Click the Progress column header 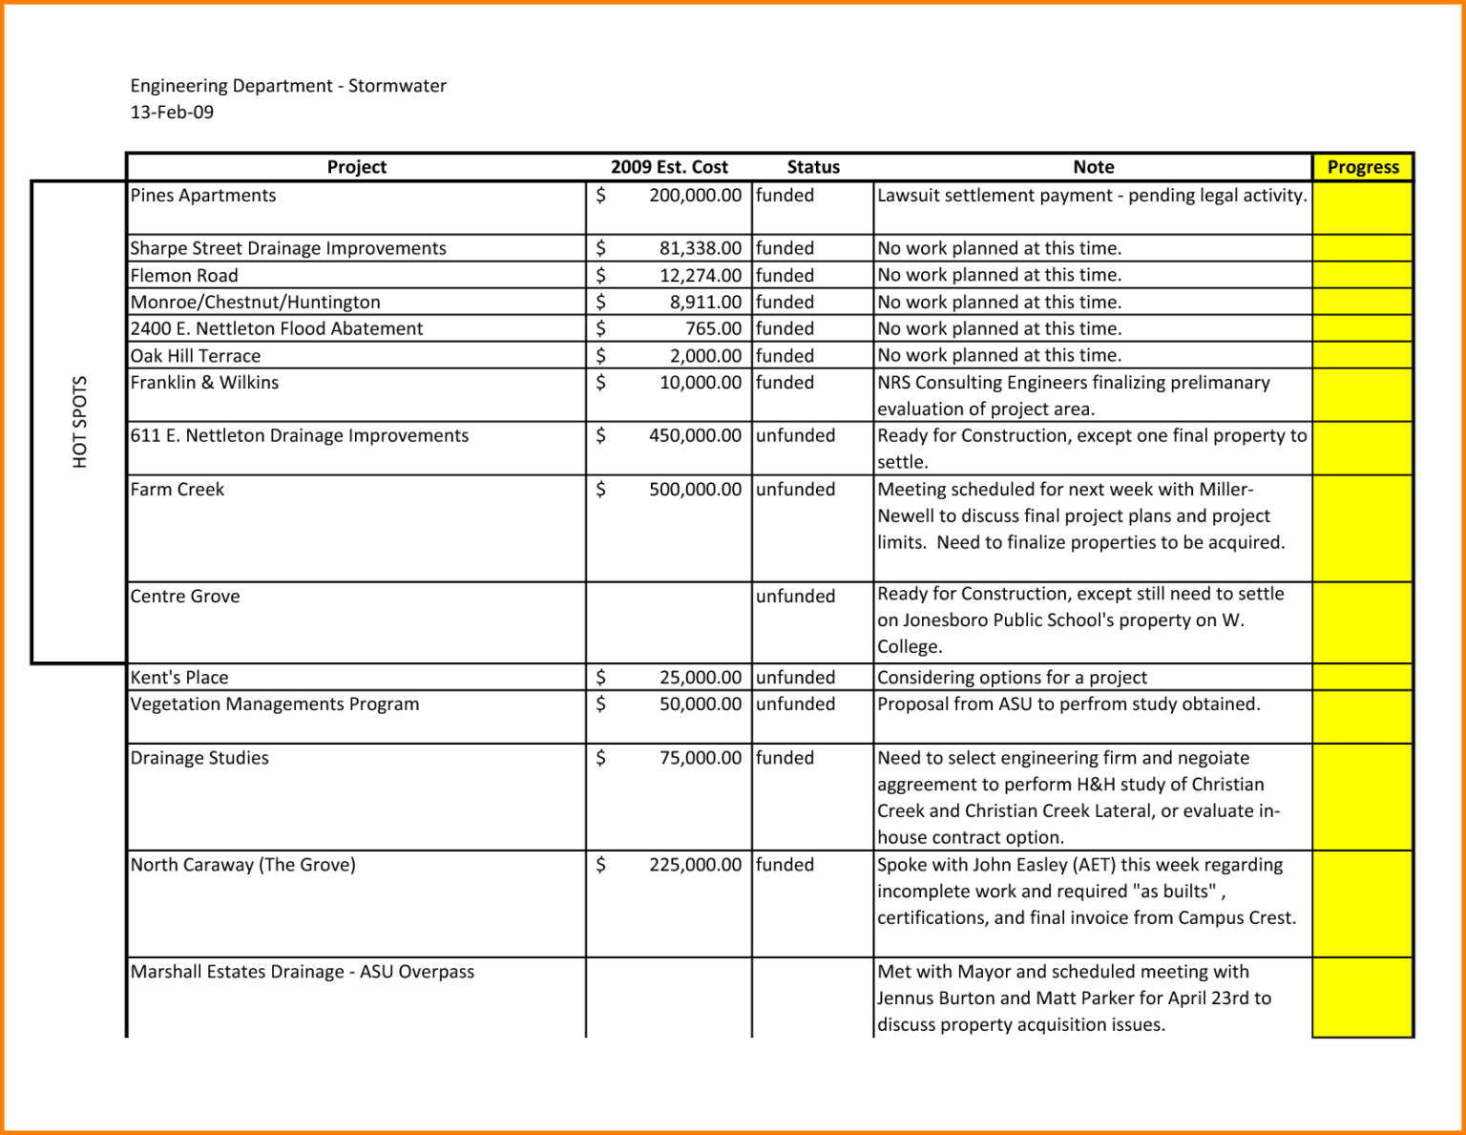tap(1362, 167)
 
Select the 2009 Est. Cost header tap(669, 167)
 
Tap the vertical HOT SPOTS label tap(79, 422)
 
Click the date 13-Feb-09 tap(172, 113)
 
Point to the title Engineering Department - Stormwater tap(288, 86)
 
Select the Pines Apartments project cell tap(203, 196)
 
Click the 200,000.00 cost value tap(695, 196)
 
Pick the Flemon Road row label tap(184, 276)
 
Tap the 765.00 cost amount tap(713, 328)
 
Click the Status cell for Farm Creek tap(795, 490)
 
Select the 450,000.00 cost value tap(695, 436)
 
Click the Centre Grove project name tap(185, 597)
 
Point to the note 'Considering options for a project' tap(1012, 678)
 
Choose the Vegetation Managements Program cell tap(275, 704)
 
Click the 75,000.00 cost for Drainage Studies tap(700, 758)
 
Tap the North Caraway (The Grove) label tap(242, 865)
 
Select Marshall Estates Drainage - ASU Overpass tap(302, 972)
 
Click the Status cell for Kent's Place tap(795, 678)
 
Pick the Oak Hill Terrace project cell tap(196, 356)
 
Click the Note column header tap(1093, 167)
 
